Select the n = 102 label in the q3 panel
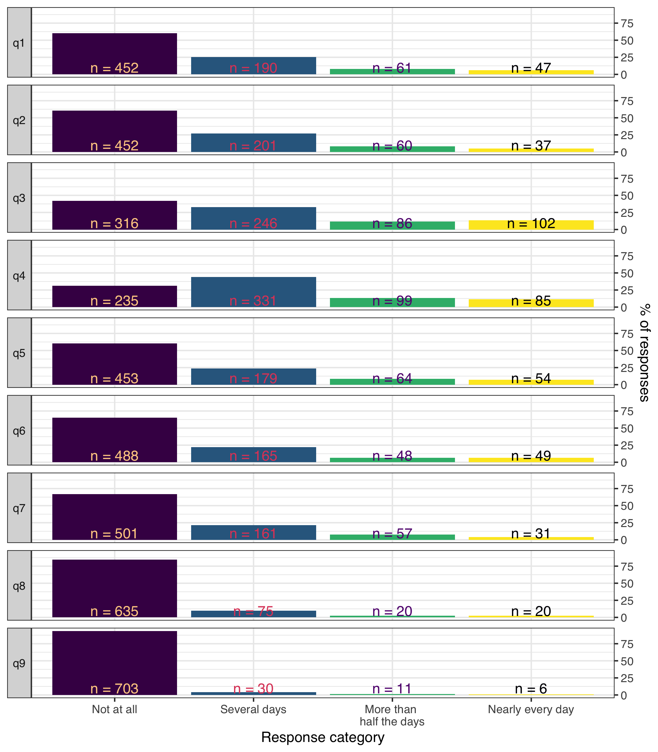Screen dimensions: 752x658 pyautogui.click(x=531, y=224)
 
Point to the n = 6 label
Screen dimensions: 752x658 pyautogui.click(x=531, y=689)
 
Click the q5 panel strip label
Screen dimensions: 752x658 pyautogui.click(x=19, y=353)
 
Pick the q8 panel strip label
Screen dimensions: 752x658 pyautogui.click(x=19, y=586)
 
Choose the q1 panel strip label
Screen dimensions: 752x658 pyautogui.click(x=19, y=43)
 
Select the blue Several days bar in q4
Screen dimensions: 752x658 pyautogui.click(x=253, y=286)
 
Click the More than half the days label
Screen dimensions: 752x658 pyautogui.click(x=392, y=715)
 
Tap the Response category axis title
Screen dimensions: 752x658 pyautogui.click(x=323, y=737)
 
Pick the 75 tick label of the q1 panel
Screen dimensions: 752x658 pyautogui.click(x=627, y=23)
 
